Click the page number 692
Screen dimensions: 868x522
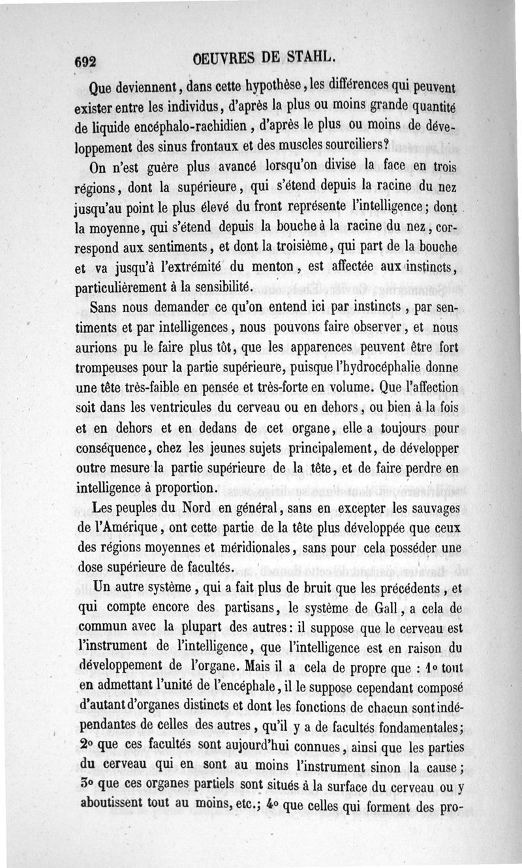coord(85,61)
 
